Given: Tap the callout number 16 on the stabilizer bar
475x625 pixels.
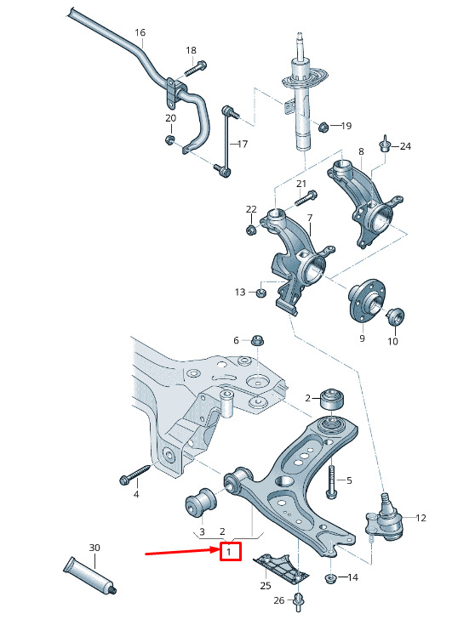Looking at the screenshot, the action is point(140,32).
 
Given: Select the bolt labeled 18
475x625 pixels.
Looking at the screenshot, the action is point(196,68).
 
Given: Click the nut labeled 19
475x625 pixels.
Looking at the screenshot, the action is point(323,127).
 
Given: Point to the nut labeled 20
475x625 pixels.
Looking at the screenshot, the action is point(169,139).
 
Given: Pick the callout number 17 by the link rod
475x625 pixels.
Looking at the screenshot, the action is point(243,144).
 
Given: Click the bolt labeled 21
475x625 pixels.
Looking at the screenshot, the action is point(306,197).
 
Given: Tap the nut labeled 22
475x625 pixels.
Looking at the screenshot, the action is point(250,230).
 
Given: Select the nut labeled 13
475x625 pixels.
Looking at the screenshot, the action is point(260,293).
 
